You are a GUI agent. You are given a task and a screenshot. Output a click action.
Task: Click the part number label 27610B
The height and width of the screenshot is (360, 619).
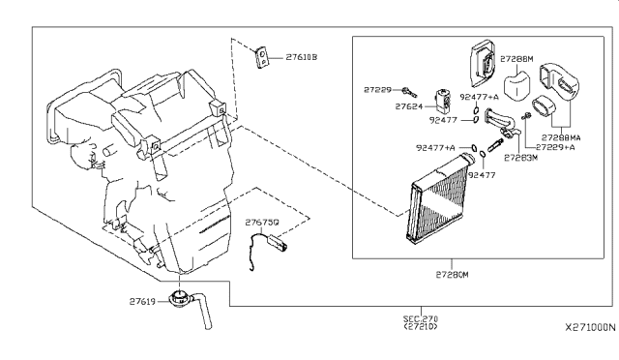pos(301,57)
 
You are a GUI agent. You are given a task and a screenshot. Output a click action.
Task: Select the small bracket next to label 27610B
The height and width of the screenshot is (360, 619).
pos(260,57)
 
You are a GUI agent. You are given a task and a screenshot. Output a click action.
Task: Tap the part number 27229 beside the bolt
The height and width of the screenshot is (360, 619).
pos(377,90)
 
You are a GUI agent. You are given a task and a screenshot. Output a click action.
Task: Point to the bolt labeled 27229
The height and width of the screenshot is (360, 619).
pos(409,93)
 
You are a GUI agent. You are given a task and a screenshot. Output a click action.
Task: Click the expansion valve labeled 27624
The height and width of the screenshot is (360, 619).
pos(443,102)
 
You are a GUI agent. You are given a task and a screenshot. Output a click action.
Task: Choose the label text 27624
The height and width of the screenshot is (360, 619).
pos(409,106)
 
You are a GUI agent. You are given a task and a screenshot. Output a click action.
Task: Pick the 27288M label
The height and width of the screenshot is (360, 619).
pos(516,59)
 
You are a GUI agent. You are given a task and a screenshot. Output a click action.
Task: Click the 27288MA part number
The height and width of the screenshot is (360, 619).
pos(561,138)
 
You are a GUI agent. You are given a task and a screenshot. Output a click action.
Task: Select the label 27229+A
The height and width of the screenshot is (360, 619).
pos(555,147)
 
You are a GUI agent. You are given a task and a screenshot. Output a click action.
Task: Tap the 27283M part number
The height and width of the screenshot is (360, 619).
pos(520,158)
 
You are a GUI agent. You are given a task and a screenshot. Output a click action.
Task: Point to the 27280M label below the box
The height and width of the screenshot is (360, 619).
pos(452,274)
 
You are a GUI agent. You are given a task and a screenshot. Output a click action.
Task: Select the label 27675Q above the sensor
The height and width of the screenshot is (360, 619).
pos(262,223)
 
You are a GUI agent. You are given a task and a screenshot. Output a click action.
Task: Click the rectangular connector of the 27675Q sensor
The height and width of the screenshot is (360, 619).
pos(278,242)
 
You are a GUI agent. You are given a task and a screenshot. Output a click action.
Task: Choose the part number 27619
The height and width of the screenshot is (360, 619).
pos(142,302)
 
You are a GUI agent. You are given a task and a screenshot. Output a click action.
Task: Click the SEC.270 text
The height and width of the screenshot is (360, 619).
pos(421,318)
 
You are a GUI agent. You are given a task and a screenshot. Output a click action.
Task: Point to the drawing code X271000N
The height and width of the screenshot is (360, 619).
pos(590,328)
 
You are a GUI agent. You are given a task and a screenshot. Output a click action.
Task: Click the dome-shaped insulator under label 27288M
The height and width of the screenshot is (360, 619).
pos(516,84)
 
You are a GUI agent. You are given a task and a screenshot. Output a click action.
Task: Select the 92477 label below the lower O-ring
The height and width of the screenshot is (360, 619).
pos(482,175)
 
